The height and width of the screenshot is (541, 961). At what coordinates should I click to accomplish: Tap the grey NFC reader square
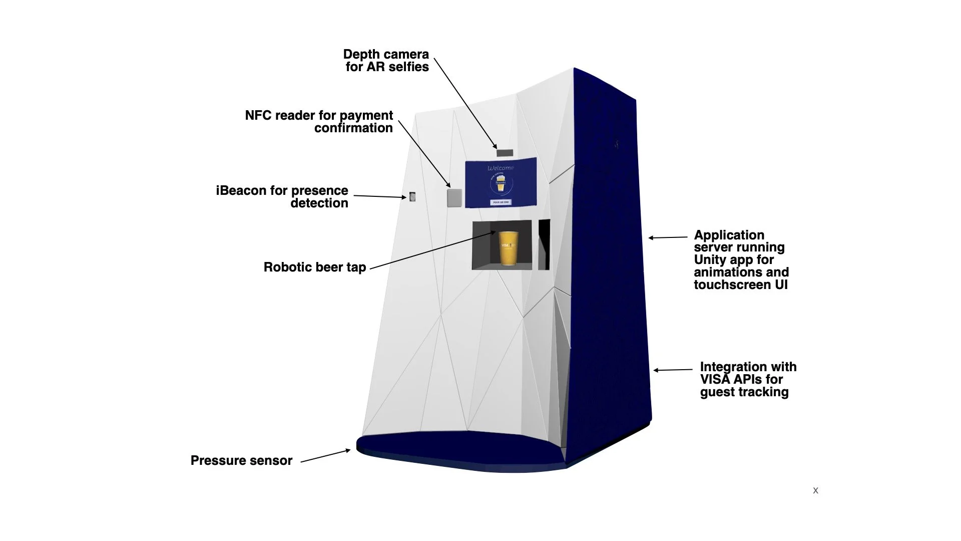click(454, 197)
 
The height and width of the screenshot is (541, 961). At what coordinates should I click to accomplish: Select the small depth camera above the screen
click(505, 153)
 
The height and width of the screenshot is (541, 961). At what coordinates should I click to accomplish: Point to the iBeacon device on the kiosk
click(412, 197)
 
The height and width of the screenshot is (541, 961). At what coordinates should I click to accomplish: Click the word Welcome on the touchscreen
click(501, 168)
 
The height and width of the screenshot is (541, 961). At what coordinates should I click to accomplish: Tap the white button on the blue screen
click(501, 202)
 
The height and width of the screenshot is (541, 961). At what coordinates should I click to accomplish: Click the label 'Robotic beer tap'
click(314, 267)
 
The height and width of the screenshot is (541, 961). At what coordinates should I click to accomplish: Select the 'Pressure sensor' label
click(241, 461)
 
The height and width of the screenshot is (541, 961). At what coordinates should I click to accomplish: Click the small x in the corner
click(815, 490)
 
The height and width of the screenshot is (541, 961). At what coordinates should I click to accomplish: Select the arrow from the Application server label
click(668, 237)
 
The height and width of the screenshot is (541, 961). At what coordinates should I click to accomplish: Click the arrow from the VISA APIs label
click(673, 370)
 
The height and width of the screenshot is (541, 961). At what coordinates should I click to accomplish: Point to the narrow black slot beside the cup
click(544, 244)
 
